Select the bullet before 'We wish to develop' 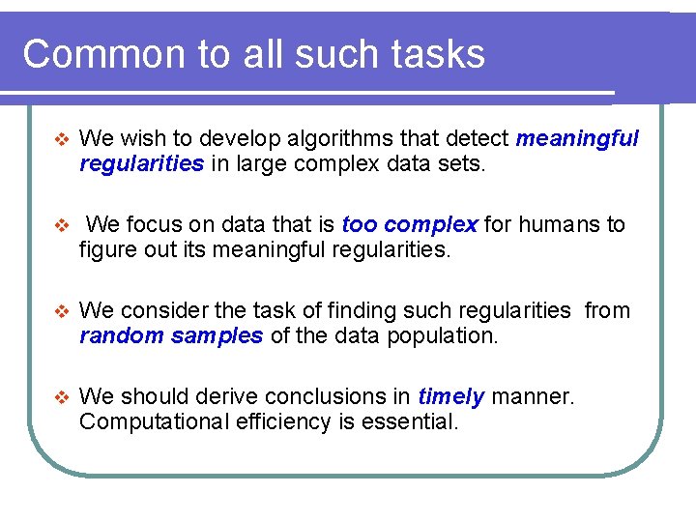(61, 139)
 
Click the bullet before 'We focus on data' (61, 225)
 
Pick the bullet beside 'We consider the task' (61, 311)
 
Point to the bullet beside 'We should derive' (61, 397)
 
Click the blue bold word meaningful (577, 139)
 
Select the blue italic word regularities (141, 164)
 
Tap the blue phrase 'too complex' (410, 225)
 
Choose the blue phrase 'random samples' (171, 336)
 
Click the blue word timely (451, 396)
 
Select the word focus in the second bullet (153, 225)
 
